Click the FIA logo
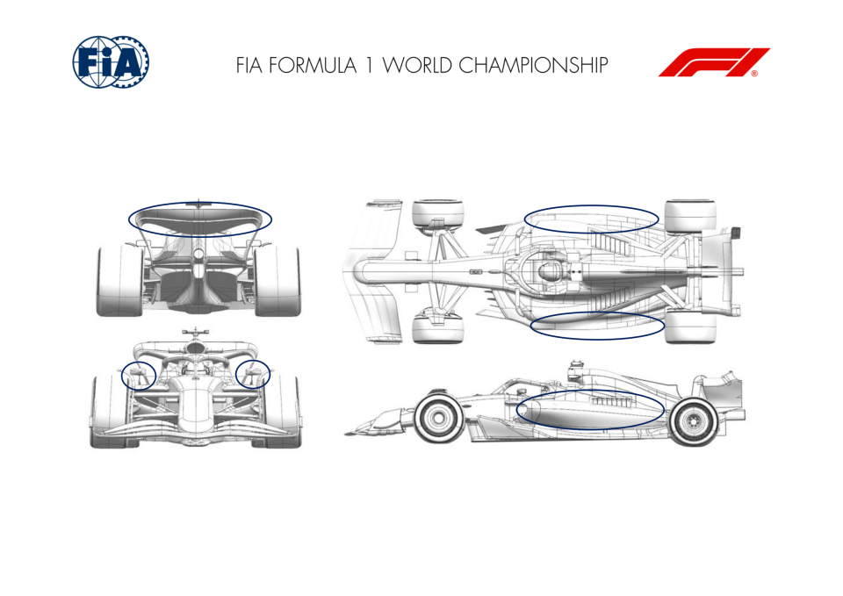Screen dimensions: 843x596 click(111, 61)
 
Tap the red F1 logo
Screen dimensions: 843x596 click(714, 62)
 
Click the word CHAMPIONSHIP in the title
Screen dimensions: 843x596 click(533, 65)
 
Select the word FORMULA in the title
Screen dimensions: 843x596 click(313, 65)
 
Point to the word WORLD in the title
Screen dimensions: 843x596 click(416, 65)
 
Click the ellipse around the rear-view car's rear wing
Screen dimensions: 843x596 click(200, 203)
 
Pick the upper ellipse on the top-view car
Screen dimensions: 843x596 click(591, 205)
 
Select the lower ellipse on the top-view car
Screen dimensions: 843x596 click(597, 312)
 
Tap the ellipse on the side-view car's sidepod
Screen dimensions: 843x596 click(590, 391)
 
